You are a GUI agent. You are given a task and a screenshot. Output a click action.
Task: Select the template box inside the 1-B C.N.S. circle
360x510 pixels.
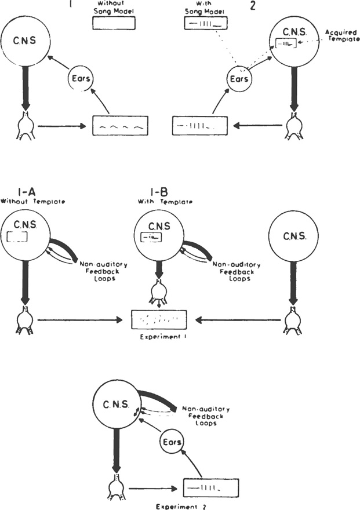click(x=150, y=236)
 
